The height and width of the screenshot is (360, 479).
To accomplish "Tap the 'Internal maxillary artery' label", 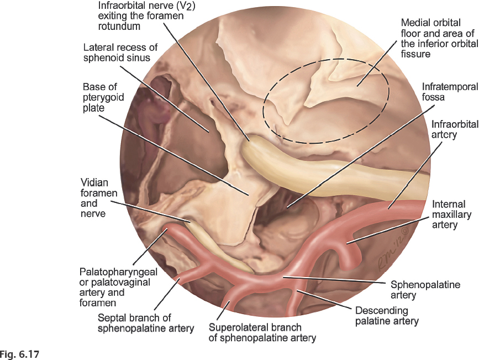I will [x=449, y=215].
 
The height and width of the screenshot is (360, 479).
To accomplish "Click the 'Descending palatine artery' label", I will [x=387, y=315].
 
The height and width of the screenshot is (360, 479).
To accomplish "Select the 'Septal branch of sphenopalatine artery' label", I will [x=146, y=323].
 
